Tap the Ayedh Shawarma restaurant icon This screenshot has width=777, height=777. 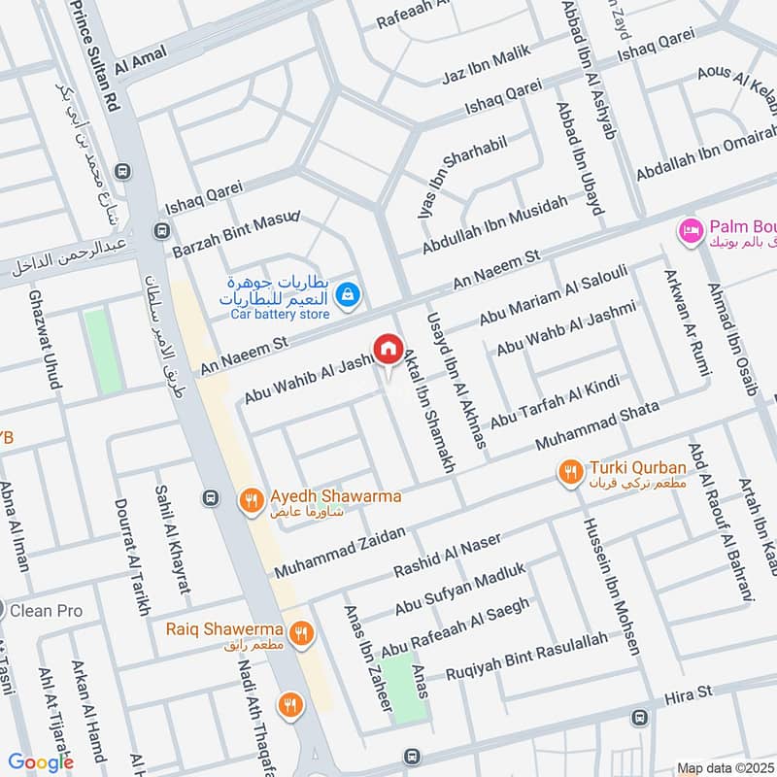(252, 501)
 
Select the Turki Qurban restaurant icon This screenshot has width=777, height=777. (570, 473)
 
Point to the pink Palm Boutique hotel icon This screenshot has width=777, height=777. (692, 230)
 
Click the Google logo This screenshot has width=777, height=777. (41, 761)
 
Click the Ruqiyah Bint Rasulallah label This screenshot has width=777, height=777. (525, 656)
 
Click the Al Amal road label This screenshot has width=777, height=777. (136, 66)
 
